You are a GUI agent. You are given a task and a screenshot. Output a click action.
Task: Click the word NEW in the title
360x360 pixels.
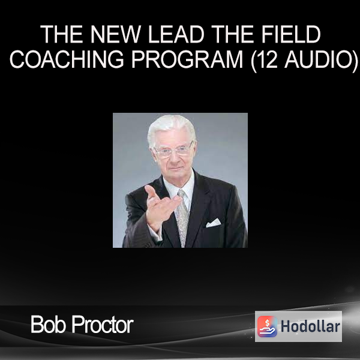coord(115,34)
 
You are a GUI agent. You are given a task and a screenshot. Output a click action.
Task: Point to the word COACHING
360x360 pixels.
coord(67,59)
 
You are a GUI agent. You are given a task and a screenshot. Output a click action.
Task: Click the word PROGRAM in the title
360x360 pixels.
coord(187,59)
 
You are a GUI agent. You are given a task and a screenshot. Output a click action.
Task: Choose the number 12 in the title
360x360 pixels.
coord(265,59)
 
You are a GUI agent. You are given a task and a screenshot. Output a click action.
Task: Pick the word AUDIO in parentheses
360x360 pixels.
coord(319,59)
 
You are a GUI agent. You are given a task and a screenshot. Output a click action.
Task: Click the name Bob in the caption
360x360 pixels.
coord(48,324)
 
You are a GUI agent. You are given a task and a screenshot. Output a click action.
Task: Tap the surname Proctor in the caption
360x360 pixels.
coord(103,324)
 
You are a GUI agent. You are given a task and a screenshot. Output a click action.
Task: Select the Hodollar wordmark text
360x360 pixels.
coord(310,326)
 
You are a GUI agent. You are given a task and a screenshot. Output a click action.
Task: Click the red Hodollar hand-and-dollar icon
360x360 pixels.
coord(267,326)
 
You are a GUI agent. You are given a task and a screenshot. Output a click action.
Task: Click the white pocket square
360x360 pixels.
coord(213,223)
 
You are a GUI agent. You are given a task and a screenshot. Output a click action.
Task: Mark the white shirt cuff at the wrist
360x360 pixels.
coord(155,232)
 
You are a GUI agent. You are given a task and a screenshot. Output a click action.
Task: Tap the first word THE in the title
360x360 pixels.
coord(61,34)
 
